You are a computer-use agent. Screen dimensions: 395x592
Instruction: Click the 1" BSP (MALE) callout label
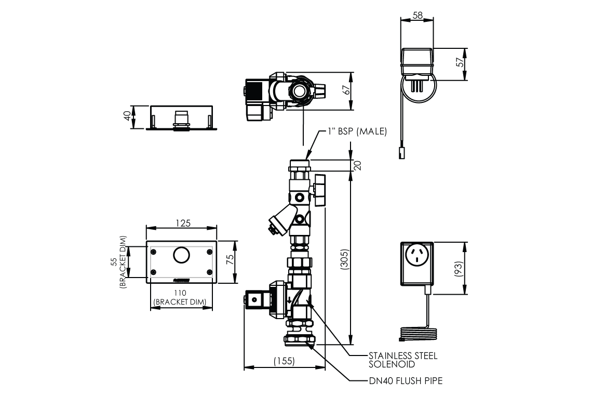(357, 131)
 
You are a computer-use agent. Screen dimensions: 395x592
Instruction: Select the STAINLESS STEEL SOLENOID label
(402, 360)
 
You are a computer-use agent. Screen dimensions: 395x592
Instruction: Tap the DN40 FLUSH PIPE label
(406, 381)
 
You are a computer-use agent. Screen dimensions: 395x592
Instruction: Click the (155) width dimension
(285, 360)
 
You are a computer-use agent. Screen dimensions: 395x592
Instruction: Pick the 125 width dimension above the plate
(182, 223)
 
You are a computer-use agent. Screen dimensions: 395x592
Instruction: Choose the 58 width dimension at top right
(417, 16)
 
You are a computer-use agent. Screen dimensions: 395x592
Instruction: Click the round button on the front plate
(181, 256)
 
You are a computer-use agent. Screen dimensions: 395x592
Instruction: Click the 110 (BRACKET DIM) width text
(182, 297)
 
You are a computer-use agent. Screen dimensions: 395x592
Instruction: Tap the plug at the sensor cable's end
(401, 153)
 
